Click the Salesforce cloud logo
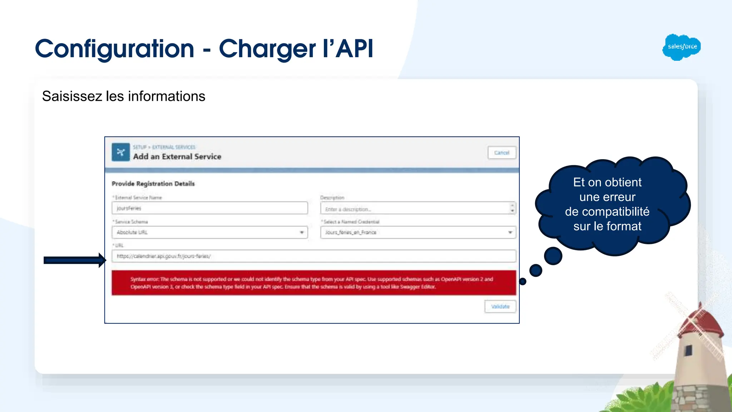tap(681, 47)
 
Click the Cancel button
tap(501, 153)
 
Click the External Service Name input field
tap(209, 208)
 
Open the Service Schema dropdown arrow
tap(302, 232)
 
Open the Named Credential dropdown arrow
tap(510, 232)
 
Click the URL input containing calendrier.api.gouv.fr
tap(313, 256)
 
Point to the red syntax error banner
tap(313, 283)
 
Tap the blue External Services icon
tap(121, 152)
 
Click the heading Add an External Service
tap(177, 157)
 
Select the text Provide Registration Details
tap(153, 184)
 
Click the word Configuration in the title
tap(114, 49)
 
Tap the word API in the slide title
tap(355, 49)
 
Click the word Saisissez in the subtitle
tap(72, 96)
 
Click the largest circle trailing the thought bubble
tap(553, 256)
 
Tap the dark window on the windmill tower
tap(688, 350)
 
